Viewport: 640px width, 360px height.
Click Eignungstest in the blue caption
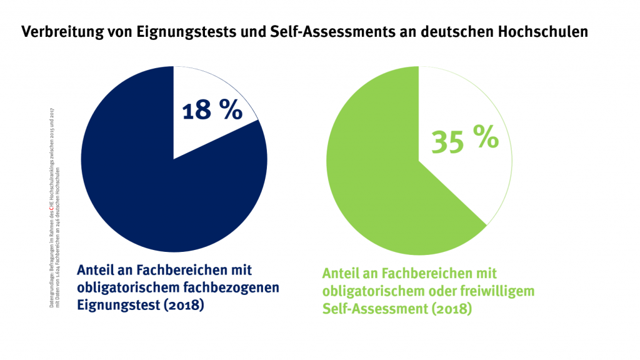coord(113,306)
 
